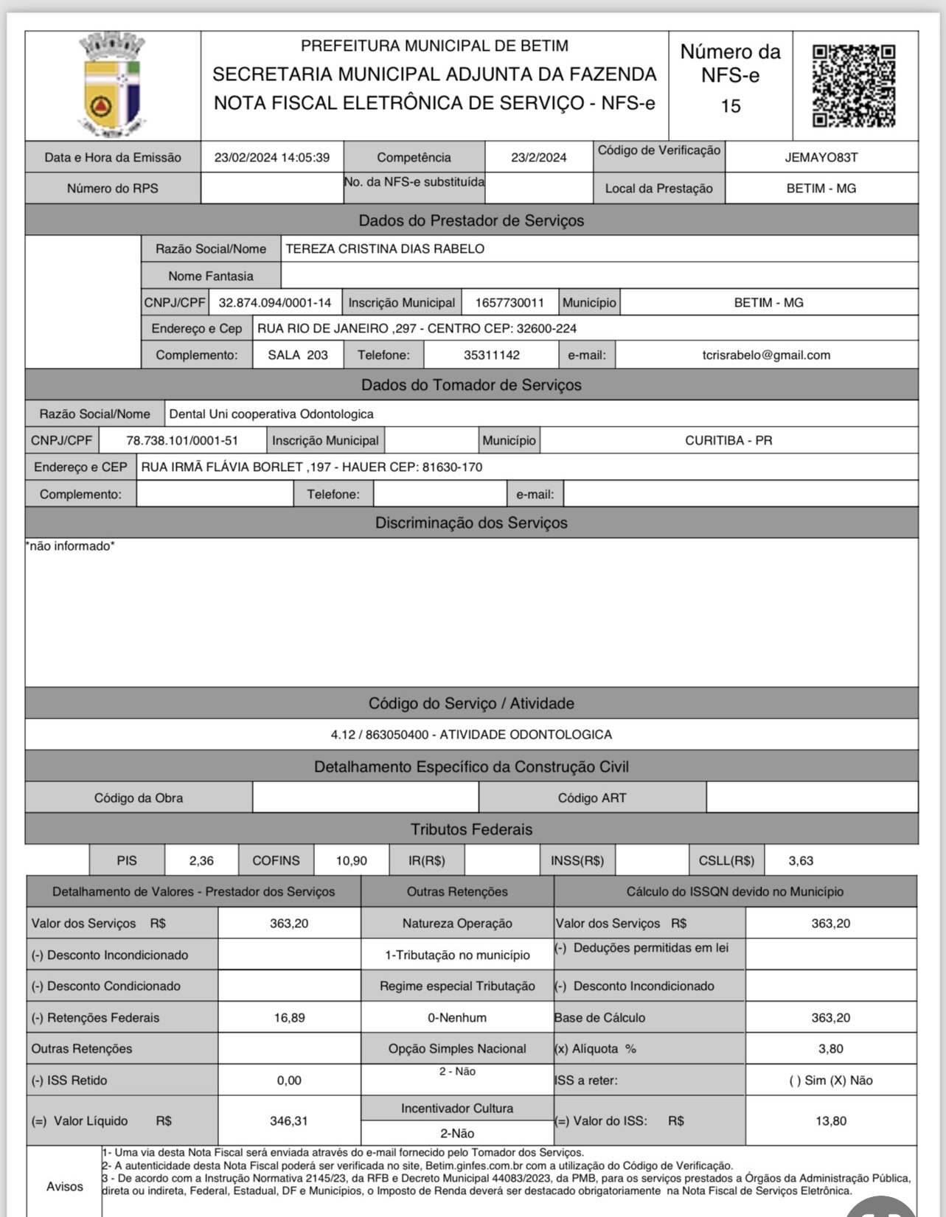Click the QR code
coord(854,86)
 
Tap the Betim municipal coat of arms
coord(113,86)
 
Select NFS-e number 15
coord(730,106)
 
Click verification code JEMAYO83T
coord(821,157)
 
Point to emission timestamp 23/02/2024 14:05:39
coord(272,157)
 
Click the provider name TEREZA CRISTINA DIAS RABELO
coord(385,248)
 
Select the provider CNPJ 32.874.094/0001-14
coord(275,302)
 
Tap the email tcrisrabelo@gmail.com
coord(766,355)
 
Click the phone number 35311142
coord(492,355)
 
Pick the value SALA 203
coord(298,355)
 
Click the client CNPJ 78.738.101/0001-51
coord(182,440)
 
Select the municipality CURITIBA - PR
coord(728,440)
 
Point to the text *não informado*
coord(70,546)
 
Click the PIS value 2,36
coord(201,860)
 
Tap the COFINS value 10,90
coord(351,860)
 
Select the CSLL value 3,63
coord(801,860)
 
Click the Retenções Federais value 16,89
coord(289,1017)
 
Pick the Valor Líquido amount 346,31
coord(289,1120)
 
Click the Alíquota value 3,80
coord(831,1048)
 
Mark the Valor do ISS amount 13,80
coord(831,1120)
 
